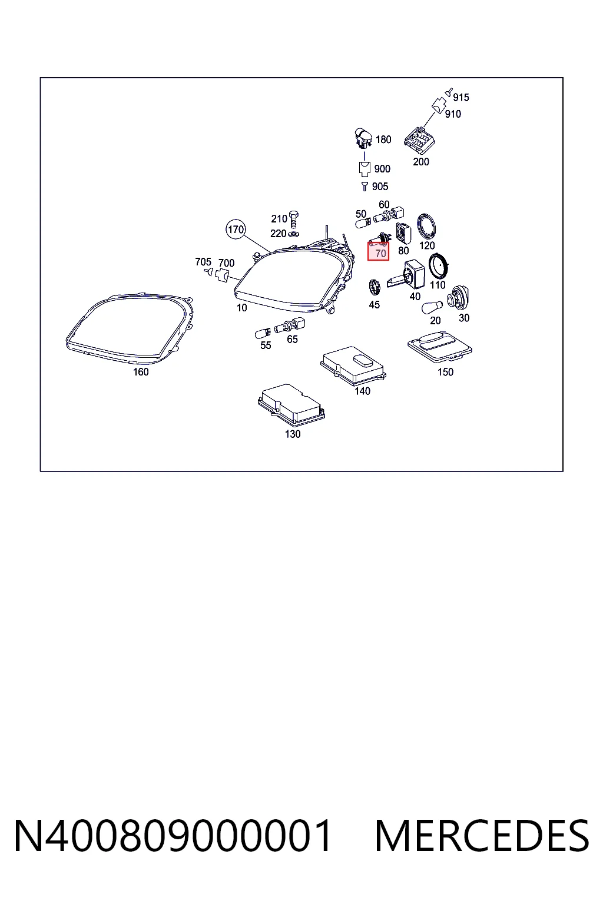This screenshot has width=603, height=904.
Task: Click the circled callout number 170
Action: coord(236,229)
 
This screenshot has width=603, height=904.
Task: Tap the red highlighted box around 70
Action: coord(378,251)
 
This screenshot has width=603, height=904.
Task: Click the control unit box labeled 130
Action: coord(291,405)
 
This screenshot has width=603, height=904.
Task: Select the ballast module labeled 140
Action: coord(353,365)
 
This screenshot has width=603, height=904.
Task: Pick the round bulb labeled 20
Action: coord(432,308)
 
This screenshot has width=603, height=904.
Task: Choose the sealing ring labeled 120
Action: coord(426,227)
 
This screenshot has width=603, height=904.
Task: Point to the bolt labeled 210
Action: coord(294,220)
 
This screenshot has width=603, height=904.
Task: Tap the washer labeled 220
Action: coord(294,234)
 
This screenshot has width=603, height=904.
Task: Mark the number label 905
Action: coord(380,187)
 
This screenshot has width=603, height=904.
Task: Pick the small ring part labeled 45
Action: coord(375,287)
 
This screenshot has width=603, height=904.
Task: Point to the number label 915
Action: coord(461,97)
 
